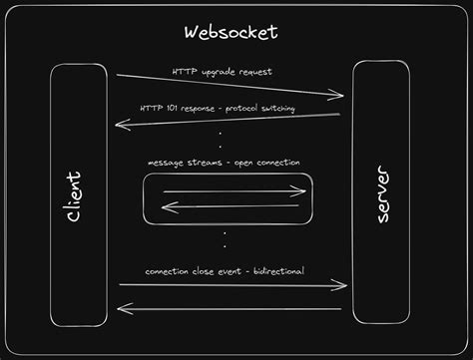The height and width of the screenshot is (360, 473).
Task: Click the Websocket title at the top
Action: tap(231, 33)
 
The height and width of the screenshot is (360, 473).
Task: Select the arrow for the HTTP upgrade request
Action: tap(229, 86)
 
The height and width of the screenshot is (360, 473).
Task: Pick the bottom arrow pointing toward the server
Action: tap(230, 286)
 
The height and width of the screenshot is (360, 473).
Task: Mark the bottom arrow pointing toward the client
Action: tap(230, 308)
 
